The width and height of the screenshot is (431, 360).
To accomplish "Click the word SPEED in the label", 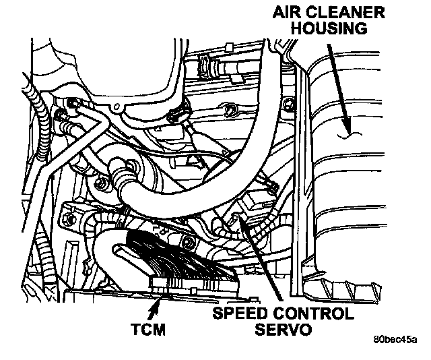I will [x=236, y=314].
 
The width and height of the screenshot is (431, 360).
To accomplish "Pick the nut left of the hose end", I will [x=101, y=183].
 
